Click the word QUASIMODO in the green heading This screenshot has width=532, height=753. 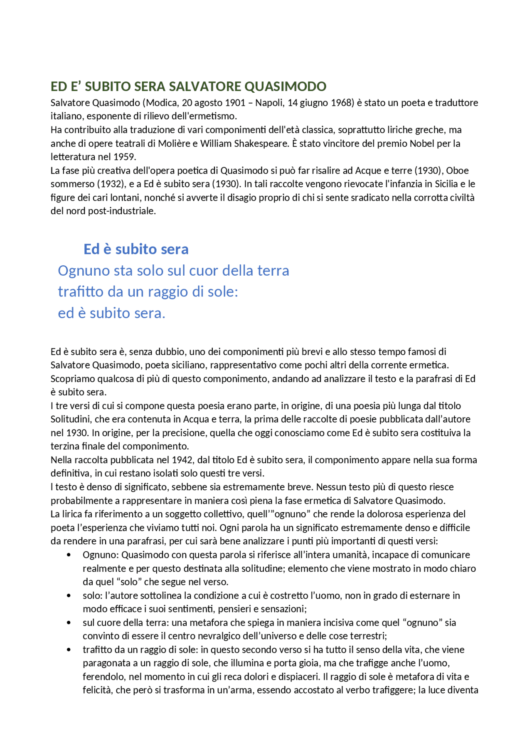[285, 86]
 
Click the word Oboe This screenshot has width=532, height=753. [458, 170]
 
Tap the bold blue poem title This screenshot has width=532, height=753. [136, 249]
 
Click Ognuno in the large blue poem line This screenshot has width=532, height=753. [83, 271]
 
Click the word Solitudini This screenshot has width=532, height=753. [70, 419]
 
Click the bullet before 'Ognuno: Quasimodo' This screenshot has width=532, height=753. [69, 555]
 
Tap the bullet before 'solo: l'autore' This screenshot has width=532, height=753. [69, 596]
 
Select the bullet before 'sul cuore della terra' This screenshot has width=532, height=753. [69, 623]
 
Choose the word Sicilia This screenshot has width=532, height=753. [442, 184]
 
